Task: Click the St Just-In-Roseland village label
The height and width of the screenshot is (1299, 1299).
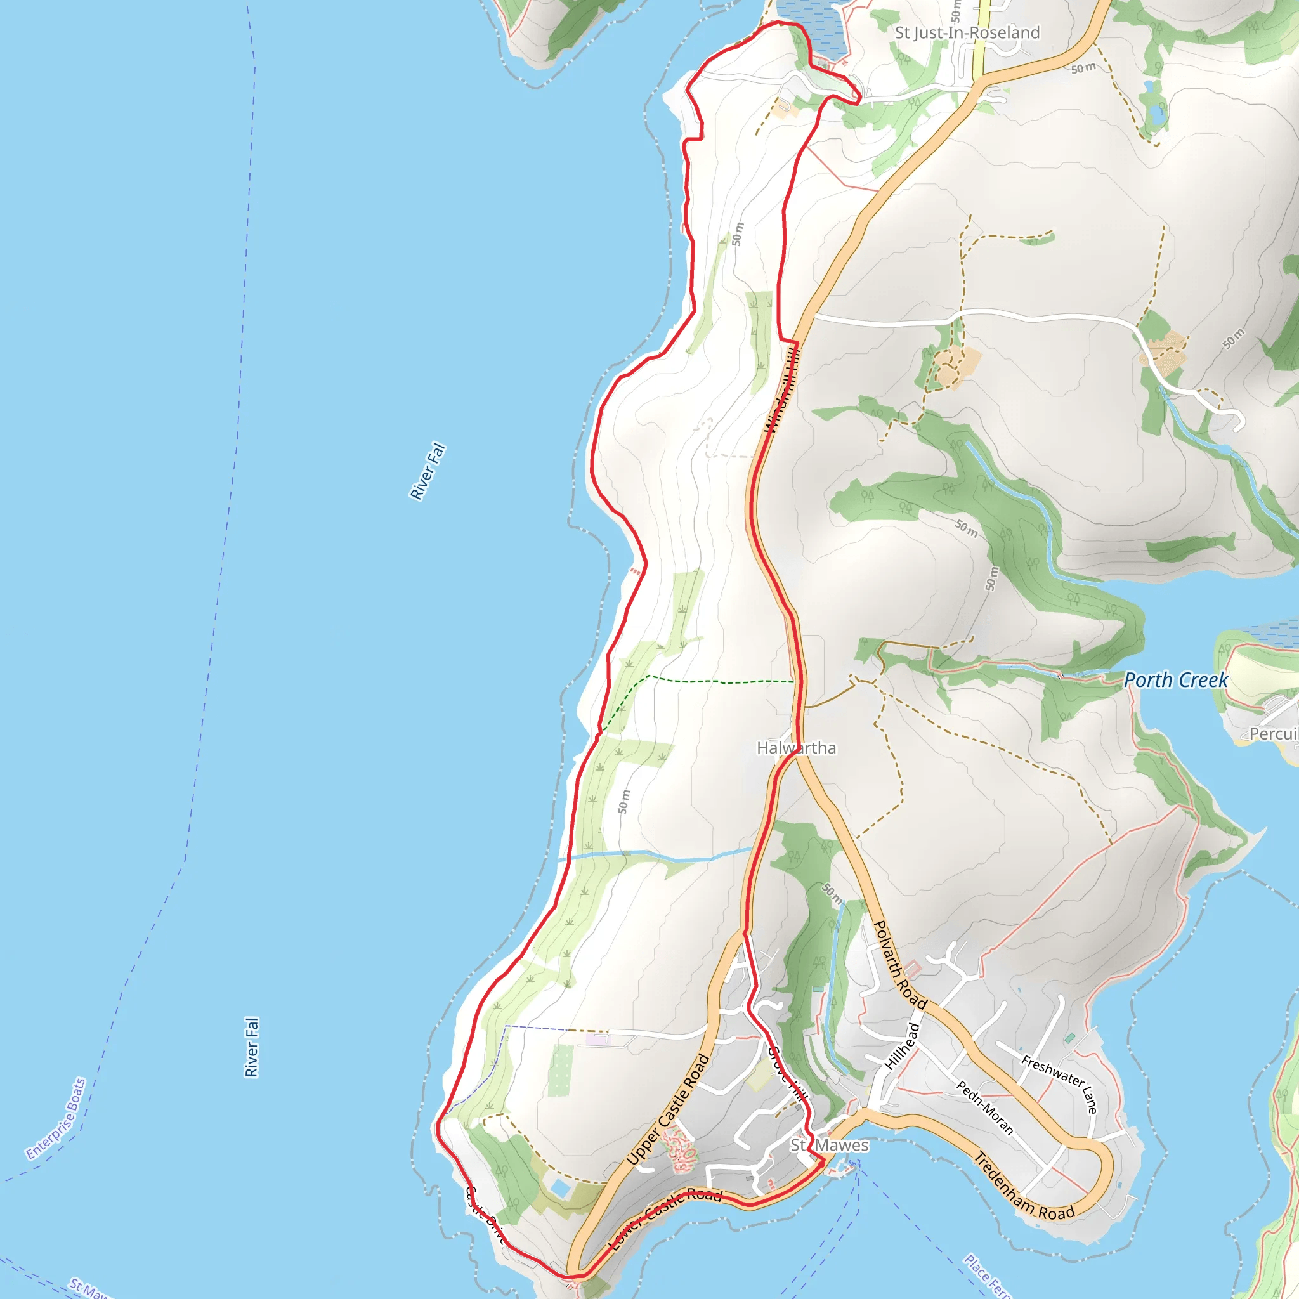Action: (x=967, y=32)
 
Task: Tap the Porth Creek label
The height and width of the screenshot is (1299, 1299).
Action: (x=1176, y=680)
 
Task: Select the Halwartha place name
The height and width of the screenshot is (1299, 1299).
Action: (x=796, y=748)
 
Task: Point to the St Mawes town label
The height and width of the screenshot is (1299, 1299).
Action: (x=829, y=1145)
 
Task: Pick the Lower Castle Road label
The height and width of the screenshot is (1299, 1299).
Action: (x=665, y=1218)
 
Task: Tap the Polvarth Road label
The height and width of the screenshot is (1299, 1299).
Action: (x=899, y=965)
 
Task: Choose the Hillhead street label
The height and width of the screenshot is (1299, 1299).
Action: (x=903, y=1046)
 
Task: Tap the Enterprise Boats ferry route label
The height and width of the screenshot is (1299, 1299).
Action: (x=56, y=1118)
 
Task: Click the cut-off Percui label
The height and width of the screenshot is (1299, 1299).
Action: (x=1274, y=734)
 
